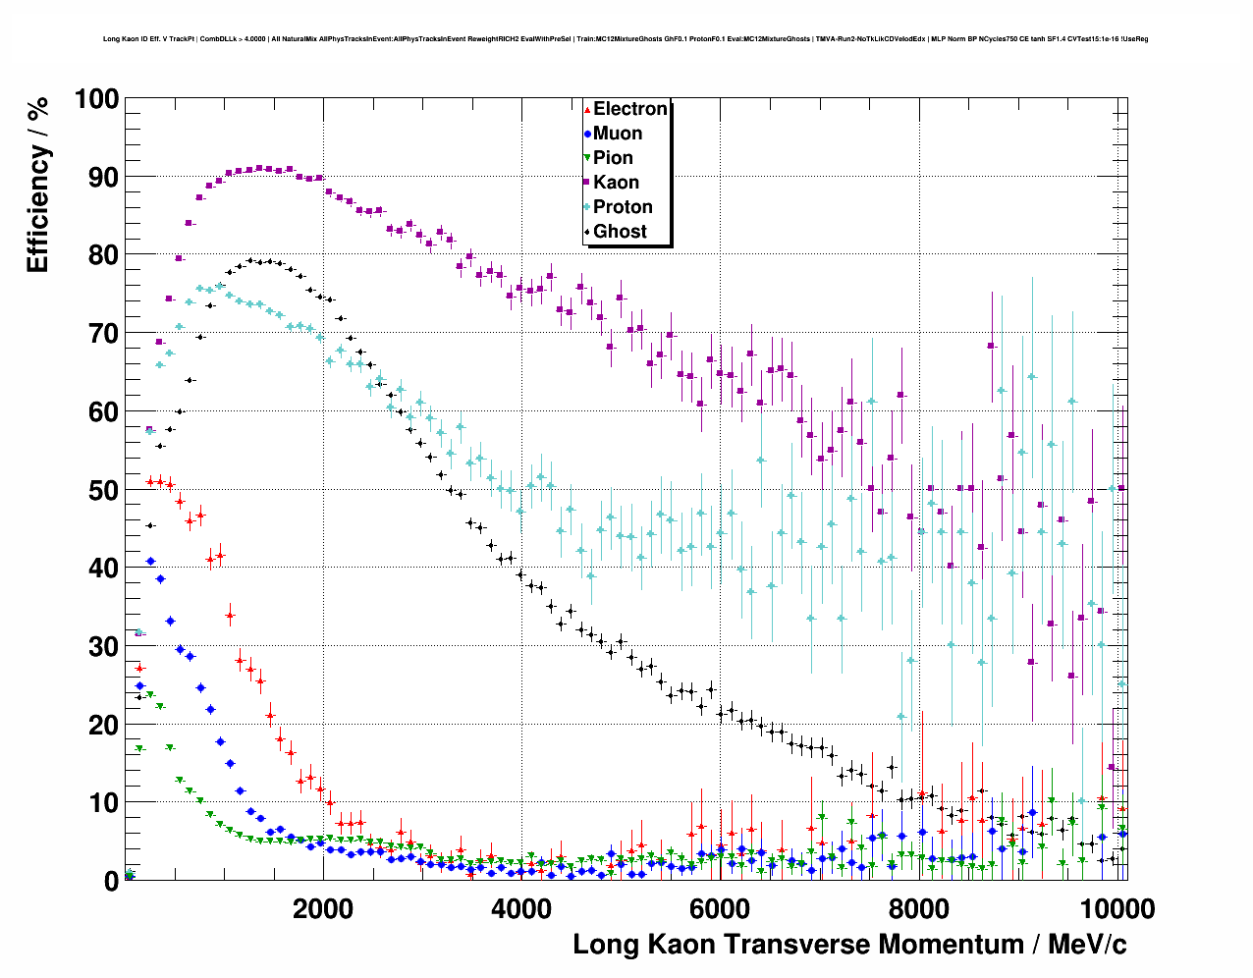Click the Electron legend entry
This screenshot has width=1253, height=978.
[x=629, y=109]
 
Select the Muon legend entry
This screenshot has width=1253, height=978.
[x=618, y=134]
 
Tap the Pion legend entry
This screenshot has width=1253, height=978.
[x=613, y=158]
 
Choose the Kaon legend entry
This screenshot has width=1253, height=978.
[x=616, y=183]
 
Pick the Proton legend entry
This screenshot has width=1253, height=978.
[x=623, y=207]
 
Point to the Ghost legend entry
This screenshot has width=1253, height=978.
[x=620, y=232]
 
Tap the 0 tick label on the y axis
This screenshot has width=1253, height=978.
[x=111, y=881]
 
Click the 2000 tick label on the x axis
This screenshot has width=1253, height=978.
[x=323, y=908]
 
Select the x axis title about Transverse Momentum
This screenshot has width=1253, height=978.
[x=849, y=945]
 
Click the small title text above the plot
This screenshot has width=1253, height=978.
[x=626, y=39]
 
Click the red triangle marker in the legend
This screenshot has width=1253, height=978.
[x=587, y=109]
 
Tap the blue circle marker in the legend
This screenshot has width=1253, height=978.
[x=587, y=134]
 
